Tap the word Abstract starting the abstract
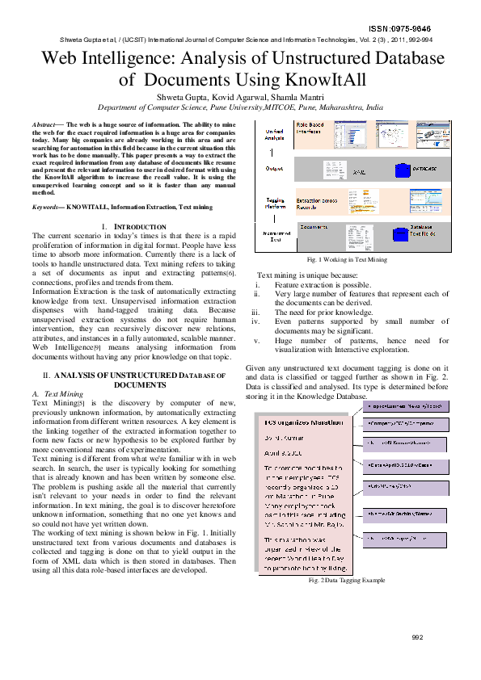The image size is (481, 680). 44,125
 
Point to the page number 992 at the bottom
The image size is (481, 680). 417,638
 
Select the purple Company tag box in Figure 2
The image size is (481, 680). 403,422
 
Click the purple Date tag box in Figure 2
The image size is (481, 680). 403,467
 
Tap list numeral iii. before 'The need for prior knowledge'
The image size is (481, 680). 257,312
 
